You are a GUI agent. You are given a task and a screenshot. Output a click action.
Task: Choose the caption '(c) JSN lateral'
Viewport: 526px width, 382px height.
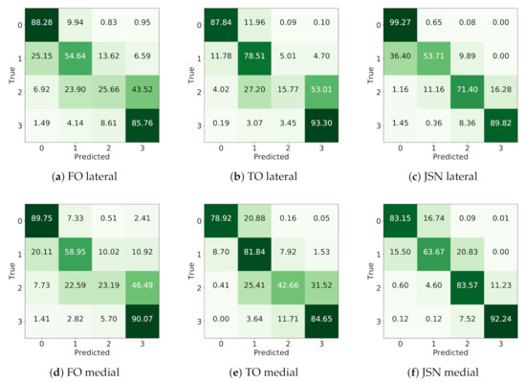(443, 174)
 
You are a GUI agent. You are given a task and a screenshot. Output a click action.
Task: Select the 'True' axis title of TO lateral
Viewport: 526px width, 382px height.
(186, 79)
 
